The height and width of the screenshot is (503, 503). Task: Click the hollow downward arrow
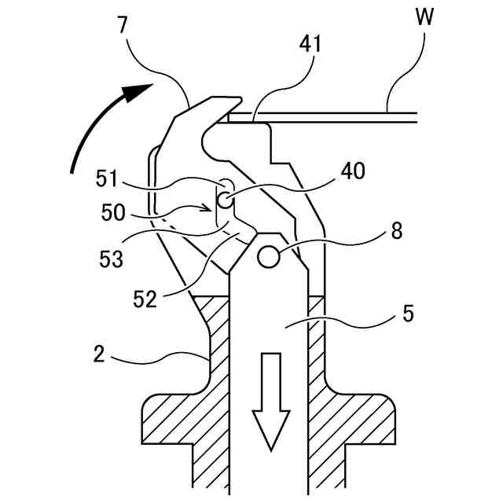269,401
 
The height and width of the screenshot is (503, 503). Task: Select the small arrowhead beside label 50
210,209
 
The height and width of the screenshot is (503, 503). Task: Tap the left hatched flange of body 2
169,420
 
